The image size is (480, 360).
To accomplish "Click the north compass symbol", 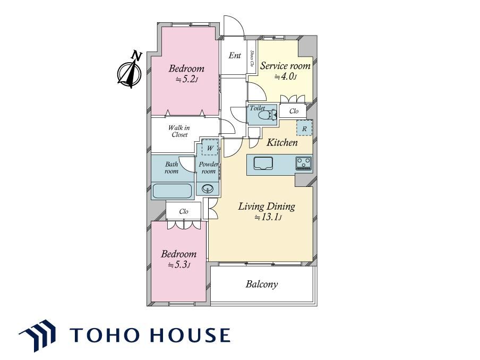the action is (130, 73).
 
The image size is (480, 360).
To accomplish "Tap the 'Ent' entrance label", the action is (235, 55).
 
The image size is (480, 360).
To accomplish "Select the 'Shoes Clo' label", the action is (252, 58).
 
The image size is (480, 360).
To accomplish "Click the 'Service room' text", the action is (285, 66).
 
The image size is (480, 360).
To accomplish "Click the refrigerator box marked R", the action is (304, 128).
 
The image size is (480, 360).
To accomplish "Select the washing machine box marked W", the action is (210, 148).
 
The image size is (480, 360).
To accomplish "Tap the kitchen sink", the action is (263, 163).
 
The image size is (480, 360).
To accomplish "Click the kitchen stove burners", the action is (303, 163).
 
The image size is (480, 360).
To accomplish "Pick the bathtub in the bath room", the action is (172, 191).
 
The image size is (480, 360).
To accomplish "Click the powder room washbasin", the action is (208, 188).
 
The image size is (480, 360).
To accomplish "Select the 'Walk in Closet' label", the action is (179, 131).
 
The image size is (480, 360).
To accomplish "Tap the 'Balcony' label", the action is (262, 284).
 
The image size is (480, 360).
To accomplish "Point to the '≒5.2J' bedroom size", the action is (187, 80).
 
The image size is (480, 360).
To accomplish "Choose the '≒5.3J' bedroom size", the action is (179, 264).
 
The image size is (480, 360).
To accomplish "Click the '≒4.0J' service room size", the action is (285, 76).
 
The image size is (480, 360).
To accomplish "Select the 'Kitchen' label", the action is (282, 142).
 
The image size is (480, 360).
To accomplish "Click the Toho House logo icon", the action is (37, 336).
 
